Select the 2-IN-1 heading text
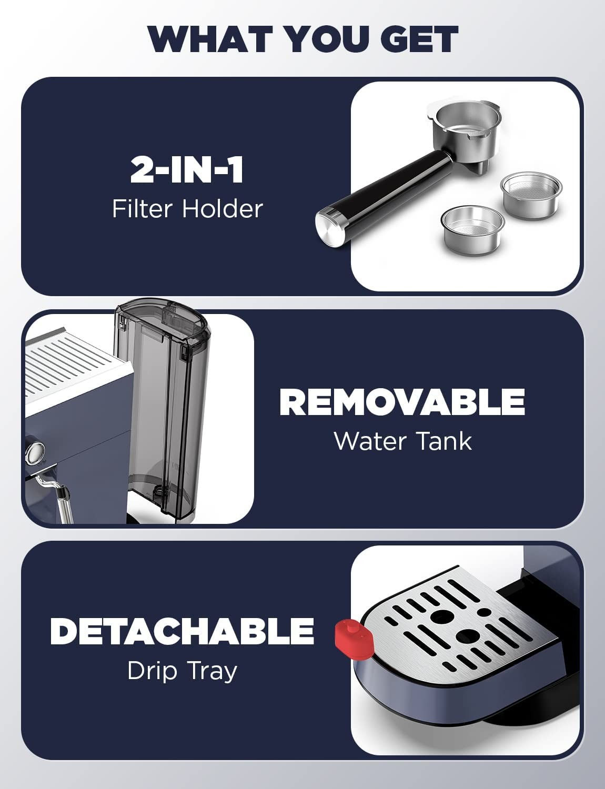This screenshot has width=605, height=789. click(x=187, y=170)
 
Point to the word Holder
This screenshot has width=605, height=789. click(x=222, y=209)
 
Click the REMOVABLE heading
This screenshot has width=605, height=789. click(x=402, y=401)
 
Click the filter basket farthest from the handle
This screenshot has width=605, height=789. click(x=531, y=195)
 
